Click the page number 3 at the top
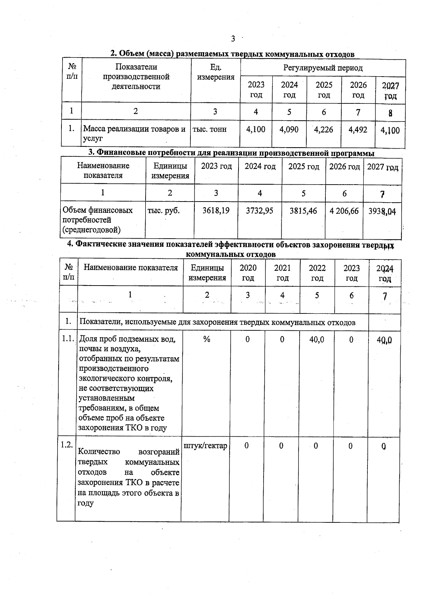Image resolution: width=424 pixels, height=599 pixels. tap(233, 39)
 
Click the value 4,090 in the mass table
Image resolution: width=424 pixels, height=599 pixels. tap(289, 130)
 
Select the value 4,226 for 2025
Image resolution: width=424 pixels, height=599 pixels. tap(324, 130)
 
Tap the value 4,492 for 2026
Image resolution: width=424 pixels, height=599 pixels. tap(358, 130)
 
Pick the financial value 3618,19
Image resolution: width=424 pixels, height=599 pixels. tap(216, 211)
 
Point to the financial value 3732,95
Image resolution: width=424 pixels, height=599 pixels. tap(260, 211)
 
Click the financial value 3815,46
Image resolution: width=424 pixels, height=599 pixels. tap(304, 211)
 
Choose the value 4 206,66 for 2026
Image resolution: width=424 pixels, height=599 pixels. tap(344, 211)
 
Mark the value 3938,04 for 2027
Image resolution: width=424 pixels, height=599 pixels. tap(382, 211)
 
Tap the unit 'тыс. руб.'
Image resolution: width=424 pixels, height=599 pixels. tap(164, 211)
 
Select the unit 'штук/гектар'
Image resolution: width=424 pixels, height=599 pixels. tap(205, 446)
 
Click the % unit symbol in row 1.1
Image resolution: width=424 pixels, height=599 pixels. tap(207, 339)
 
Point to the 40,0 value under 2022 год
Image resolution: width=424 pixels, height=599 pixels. tap(317, 340)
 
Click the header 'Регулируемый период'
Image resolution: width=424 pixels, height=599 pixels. tap(323, 68)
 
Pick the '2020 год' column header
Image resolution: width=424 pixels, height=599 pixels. tap(248, 273)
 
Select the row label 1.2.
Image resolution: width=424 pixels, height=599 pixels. tap(66, 445)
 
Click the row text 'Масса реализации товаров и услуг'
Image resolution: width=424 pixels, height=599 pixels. tap(134, 134)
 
